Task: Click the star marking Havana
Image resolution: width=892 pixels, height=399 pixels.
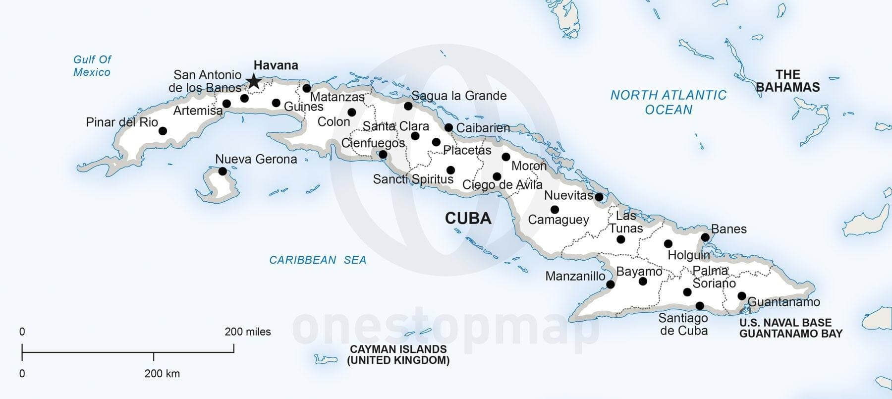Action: point(254,81)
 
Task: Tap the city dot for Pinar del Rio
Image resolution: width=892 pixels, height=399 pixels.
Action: point(163,131)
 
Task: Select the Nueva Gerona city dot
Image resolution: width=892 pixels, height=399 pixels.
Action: point(223,171)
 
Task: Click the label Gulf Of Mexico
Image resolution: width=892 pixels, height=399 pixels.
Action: point(92,66)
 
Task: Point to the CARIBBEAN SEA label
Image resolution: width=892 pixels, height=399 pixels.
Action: point(317,260)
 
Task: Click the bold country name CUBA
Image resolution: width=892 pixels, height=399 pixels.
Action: point(468,218)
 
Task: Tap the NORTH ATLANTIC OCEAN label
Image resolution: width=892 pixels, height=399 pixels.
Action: point(668,102)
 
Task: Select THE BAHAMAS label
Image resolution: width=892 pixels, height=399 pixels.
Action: point(787,81)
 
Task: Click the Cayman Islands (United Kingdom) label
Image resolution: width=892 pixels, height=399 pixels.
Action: point(398,355)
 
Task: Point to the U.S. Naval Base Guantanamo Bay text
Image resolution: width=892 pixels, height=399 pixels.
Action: point(790,328)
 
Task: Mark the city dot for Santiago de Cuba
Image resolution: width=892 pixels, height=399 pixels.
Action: point(700,306)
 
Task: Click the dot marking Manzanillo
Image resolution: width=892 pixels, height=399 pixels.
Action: point(611,285)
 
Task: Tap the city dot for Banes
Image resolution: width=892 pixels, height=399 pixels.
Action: point(705,237)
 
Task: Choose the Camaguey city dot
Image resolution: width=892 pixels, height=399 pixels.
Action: point(555,209)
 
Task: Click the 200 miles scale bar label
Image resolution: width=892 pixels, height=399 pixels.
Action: point(247,332)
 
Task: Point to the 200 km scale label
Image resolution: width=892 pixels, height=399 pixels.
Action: point(162,374)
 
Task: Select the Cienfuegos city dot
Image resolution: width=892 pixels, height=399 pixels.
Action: point(383,155)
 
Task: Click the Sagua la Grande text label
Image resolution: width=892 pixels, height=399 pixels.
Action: point(459,96)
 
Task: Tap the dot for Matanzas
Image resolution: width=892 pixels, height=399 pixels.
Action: point(307,88)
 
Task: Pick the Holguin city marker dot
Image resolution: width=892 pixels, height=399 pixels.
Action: point(668,243)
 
